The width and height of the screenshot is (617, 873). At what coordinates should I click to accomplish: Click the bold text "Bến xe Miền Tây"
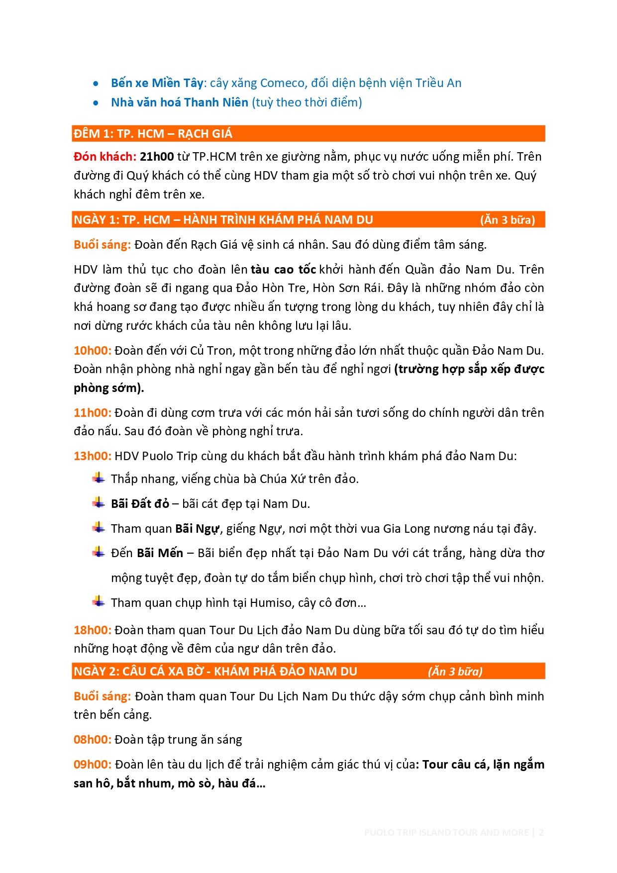tap(157, 83)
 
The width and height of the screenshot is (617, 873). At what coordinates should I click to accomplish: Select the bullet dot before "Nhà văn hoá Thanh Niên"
tap(96, 103)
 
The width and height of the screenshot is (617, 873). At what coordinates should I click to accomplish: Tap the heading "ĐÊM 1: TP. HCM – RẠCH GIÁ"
tap(153, 134)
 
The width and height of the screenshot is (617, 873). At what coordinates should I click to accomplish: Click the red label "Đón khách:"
tap(104, 157)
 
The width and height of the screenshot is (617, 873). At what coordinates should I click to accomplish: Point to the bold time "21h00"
tap(157, 157)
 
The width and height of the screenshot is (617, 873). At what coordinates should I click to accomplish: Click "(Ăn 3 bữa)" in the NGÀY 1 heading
tap(507, 220)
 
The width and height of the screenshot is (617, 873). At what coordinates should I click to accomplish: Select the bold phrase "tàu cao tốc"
tap(283, 270)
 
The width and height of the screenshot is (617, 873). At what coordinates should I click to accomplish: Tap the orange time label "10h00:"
tap(93, 351)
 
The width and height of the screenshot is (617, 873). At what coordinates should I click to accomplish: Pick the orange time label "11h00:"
tap(93, 413)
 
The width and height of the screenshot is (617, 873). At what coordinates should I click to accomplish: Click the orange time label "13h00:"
tap(93, 456)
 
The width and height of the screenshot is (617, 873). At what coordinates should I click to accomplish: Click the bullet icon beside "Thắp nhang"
tap(99, 479)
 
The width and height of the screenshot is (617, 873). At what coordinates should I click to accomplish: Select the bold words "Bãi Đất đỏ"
tap(140, 504)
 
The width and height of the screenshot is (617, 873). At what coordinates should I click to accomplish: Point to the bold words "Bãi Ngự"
tap(197, 529)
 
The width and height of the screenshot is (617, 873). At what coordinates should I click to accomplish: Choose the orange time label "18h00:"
tap(93, 630)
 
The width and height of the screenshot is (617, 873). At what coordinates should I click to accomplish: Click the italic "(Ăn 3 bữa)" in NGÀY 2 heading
tap(455, 672)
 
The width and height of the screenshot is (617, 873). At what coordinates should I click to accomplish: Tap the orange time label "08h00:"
tap(93, 740)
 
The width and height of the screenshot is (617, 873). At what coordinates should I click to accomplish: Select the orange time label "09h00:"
tap(93, 765)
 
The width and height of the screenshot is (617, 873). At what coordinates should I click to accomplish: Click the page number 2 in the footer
tap(541, 832)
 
